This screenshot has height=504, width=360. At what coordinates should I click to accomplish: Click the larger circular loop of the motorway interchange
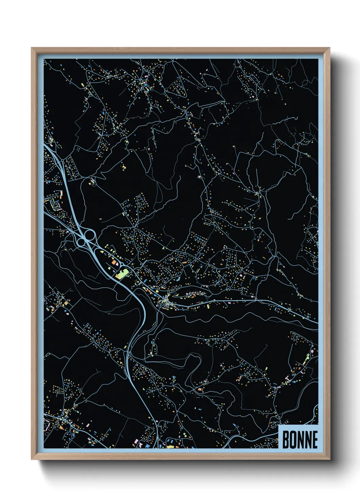click(x=90, y=234)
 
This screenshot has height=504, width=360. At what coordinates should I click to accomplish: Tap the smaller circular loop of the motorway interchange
click(x=82, y=242)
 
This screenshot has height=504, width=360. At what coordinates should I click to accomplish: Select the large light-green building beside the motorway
click(x=121, y=274)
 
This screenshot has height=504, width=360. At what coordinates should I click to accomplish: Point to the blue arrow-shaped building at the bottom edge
click(x=148, y=445)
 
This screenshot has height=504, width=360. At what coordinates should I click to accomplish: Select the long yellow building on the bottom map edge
click(x=170, y=446)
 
